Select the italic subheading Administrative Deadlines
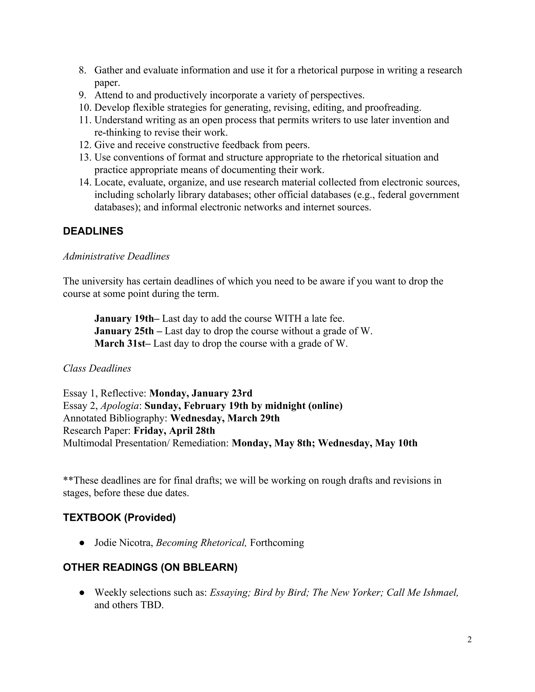coord(116,256)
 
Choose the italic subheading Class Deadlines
coord(97,368)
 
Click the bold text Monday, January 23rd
coord(201,393)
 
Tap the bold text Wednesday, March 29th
coord(225,418)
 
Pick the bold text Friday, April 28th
coord(174,431)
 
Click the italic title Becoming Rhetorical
coord(201,543)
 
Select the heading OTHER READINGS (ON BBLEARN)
coord(150,567)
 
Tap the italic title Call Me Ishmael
coord(422,593)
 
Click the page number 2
coord(469,640)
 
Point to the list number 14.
coord(85,182)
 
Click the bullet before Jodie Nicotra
coord(82,543)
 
